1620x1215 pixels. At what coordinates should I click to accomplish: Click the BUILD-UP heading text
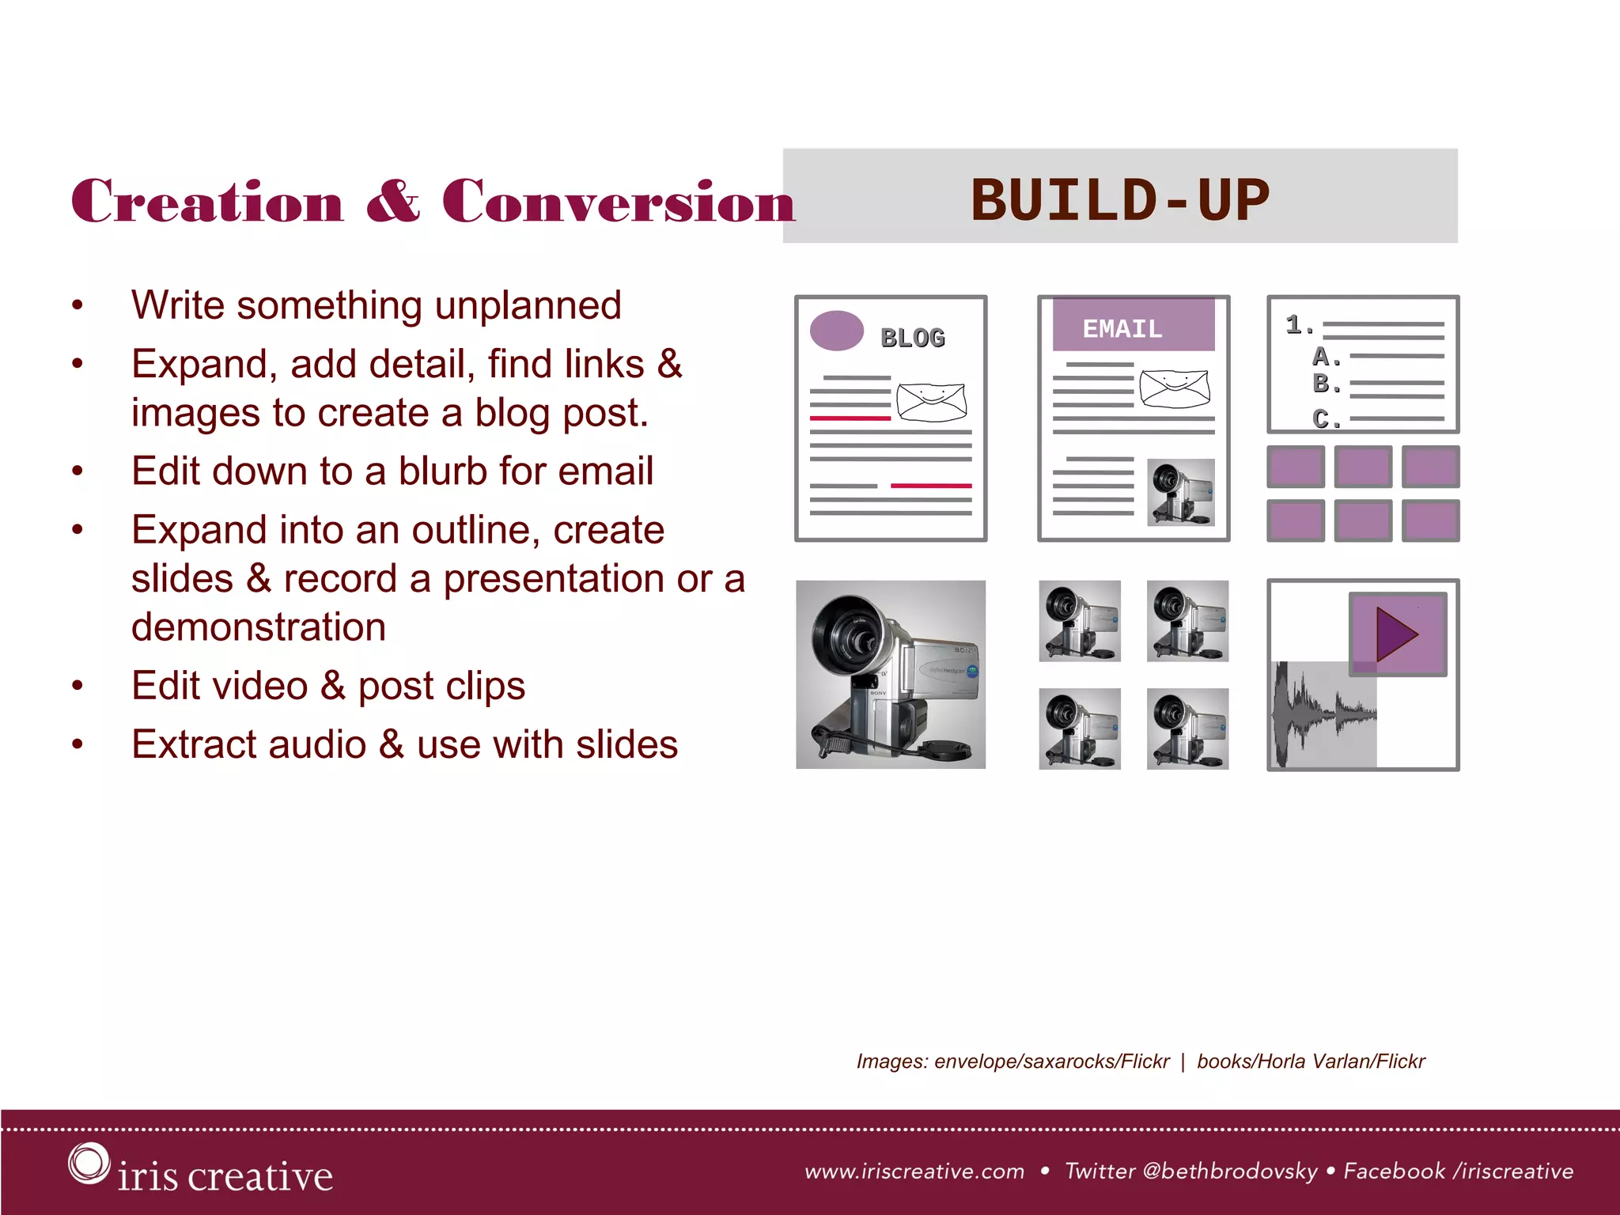1119,199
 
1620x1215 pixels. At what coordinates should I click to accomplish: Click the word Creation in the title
207,201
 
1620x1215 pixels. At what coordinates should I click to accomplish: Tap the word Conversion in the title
618,201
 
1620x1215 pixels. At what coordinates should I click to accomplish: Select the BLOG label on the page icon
913,338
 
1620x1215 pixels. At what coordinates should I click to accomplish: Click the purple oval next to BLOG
837,331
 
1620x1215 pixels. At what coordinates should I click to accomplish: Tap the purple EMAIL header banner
1133,325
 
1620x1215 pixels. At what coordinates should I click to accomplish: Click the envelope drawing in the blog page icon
932,402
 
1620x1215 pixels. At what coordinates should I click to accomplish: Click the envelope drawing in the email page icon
1175,388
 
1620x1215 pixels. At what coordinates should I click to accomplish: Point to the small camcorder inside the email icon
1180,492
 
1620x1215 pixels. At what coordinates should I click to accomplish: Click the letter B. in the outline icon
1326,384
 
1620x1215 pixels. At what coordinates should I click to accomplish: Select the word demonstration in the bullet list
259,627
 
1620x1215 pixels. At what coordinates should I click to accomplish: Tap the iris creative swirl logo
88,1164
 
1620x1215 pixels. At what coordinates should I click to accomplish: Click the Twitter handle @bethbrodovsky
1230,1171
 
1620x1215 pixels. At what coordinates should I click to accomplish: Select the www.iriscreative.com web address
914,1171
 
